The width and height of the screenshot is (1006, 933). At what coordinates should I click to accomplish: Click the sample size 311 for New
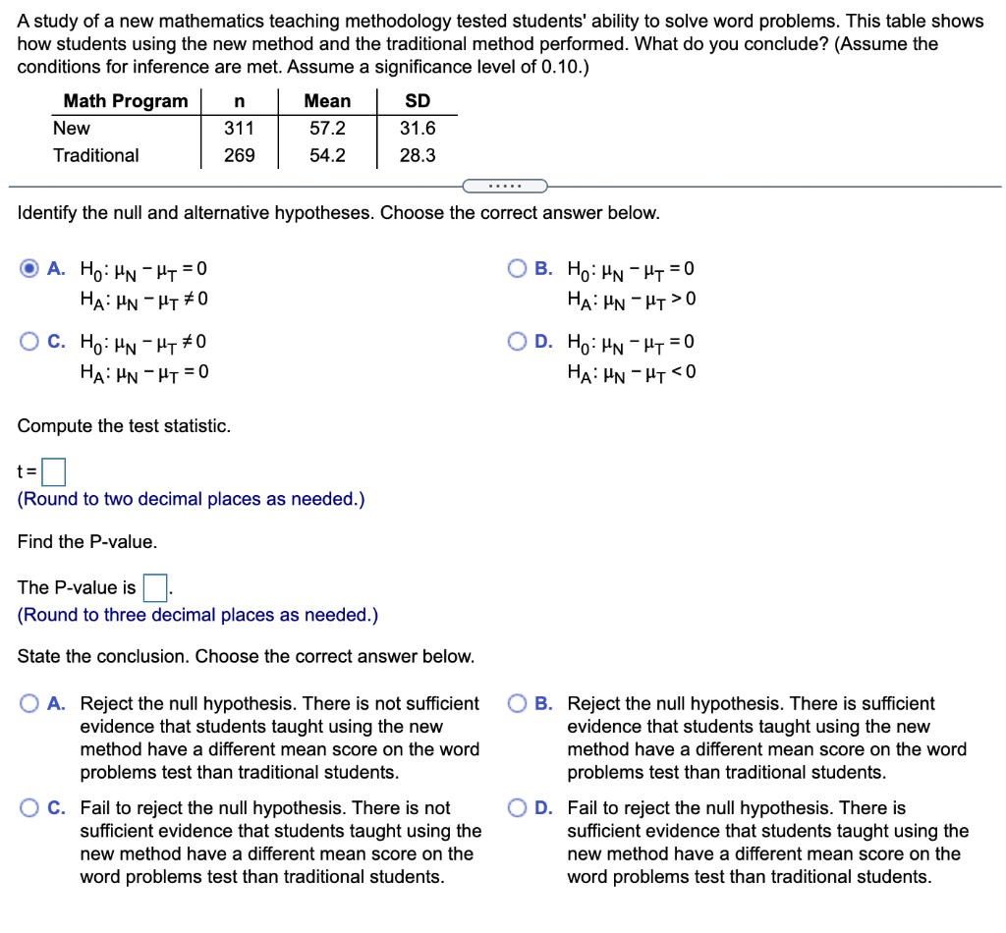coord(239,129)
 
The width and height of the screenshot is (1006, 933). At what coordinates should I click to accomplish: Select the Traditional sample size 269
coord(239,155)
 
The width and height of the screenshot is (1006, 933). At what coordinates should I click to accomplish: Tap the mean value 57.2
coord(327,129)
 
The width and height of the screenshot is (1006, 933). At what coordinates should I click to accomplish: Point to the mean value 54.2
coord(327,155)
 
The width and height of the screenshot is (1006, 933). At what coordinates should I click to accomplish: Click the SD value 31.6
coord(418,129)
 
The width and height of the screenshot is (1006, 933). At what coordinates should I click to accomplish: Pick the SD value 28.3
coord(418,155)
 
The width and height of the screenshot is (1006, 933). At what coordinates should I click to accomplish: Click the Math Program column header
coord(125,101)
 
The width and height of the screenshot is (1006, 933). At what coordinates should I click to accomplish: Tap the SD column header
coord(418,101)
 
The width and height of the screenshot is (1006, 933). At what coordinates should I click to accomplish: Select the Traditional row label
coord(96,155)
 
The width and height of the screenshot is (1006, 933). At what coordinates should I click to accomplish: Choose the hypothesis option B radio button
coord(519,269)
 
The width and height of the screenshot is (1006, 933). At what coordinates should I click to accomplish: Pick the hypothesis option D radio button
coord(519,342)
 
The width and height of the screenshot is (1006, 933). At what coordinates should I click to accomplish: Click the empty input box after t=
coord(54,473)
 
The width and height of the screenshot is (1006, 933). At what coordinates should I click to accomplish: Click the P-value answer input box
coord(155,587)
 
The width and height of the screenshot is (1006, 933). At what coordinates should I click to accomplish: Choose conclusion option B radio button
coord(519,704)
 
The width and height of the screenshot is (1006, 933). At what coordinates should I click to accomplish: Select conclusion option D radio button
coord(519,808)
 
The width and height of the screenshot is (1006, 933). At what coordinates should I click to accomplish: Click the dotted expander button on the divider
coord(503,186)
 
